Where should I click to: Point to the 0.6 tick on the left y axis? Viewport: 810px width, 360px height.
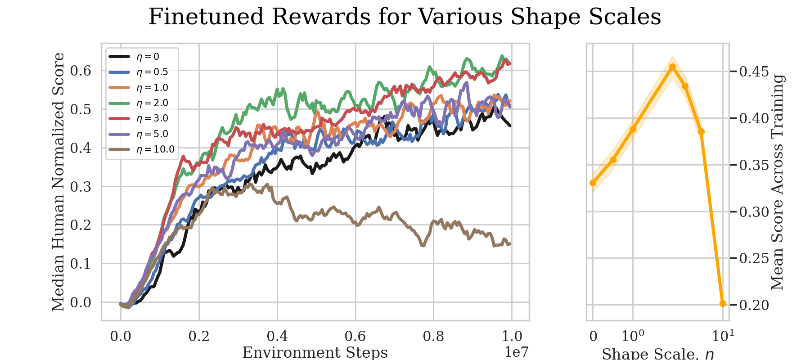click(81, 71)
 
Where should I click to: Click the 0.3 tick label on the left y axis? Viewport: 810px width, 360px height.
click(81, 186)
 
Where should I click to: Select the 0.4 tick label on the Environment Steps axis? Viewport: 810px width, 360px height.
click(277, 336)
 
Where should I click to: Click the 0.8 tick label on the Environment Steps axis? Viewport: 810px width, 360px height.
click(433, 336)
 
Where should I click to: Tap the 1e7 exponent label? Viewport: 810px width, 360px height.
click(516, 351)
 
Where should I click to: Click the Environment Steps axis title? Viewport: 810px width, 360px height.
click(315, 352)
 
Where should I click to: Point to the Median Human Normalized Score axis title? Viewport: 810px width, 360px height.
click(58, 182)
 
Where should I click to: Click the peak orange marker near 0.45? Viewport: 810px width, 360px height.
click(672, 67)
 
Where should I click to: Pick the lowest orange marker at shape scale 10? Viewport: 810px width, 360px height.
click(723, 303)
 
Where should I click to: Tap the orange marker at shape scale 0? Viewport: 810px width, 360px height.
click(593, 183)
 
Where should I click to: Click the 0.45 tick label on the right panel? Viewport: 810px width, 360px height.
click(754, 72)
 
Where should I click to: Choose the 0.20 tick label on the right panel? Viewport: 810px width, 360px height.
click(754, 305)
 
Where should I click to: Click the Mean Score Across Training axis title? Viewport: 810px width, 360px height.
click(778, 182)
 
